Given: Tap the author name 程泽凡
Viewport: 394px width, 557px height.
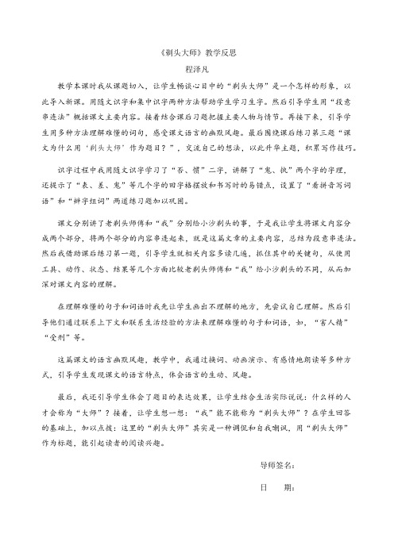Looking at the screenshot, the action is click(196, 69).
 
